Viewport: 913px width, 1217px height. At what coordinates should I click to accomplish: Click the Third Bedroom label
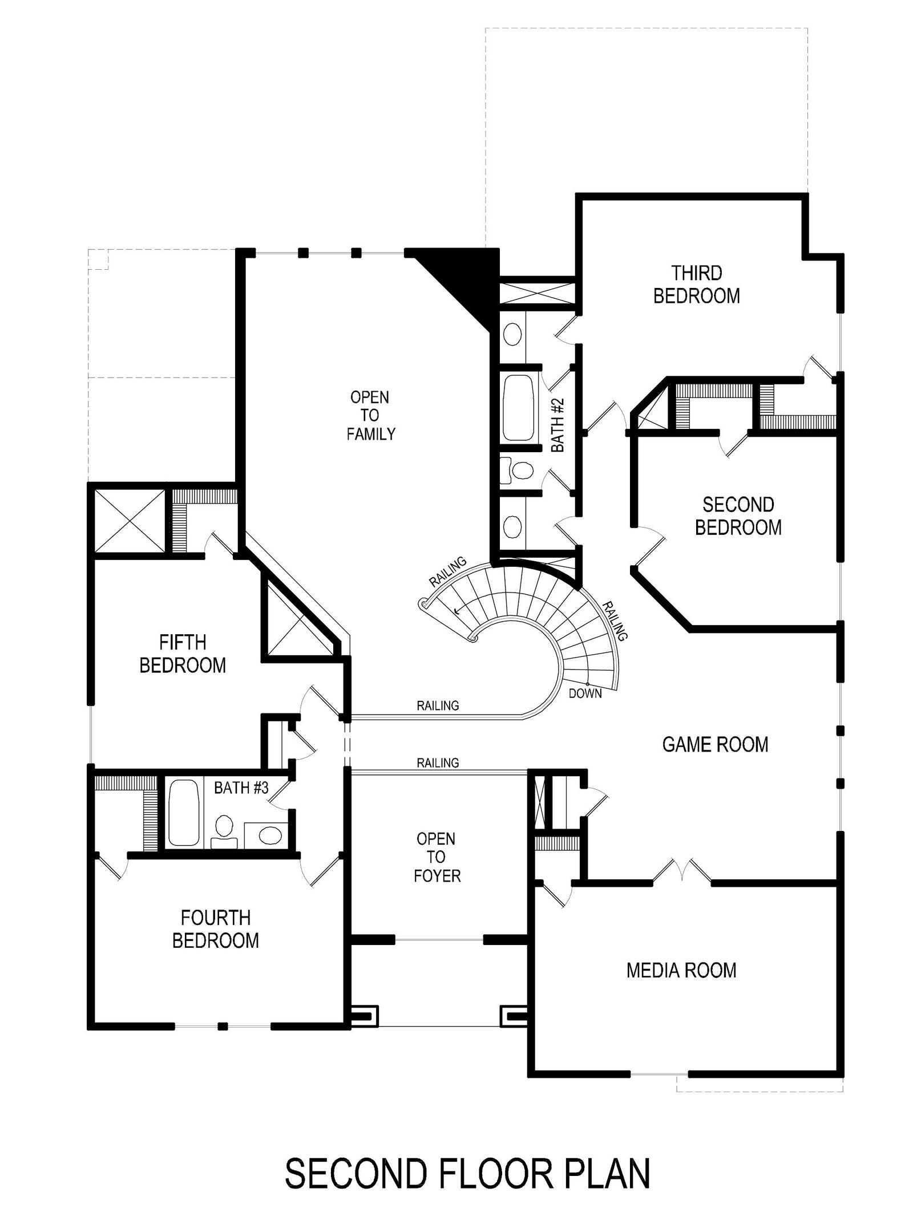pyautogui.click(x=696, y=285)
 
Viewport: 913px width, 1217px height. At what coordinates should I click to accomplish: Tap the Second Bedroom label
pyautogui.click(x=738, y=516)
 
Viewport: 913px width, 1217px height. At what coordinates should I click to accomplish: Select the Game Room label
pyautogui.click(x=715, y=744)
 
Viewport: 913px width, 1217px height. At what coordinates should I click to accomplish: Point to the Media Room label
pyautogui.click(x=681, y=970)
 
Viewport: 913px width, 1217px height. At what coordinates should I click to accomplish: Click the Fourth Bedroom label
pyautogui.click(x=215, y=929)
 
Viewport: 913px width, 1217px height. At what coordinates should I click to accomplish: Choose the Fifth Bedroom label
pyautogui.click(x=183, y=654)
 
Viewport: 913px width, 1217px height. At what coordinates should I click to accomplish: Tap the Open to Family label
pyautogui.click(x=370, y=415)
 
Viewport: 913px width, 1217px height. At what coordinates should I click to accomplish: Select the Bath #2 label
pyautogui.click(x=558, y=425)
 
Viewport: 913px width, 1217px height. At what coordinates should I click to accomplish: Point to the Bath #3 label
pyautogui.click(x=241, y=788)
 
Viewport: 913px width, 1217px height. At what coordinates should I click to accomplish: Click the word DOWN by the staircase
pyautogui.click(x=585, y=693)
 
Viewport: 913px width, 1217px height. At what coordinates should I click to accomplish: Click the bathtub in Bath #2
pyautogui.click(x=518, y=407)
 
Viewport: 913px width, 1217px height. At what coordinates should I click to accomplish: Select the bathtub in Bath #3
pyautogui.click(x=183, y=812)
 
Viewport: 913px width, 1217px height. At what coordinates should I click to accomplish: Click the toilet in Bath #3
pyautogui.click(x=224, y=832)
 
